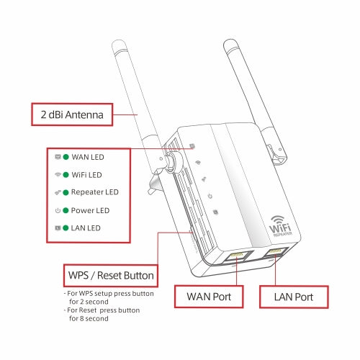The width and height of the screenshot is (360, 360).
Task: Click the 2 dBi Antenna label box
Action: (x=72, y=114)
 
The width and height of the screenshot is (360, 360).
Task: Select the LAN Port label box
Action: (x=293, y=297)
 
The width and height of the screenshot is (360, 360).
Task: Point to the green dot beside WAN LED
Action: (x=66, y=157)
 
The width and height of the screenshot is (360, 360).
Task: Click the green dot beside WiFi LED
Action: (x=66, y=175)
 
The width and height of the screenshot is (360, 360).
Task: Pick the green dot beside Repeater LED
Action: (x=66, y=192)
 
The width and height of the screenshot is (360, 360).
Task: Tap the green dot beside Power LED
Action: (x=66, y=211)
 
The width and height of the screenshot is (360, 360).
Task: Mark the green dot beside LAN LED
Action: (x=66, y=228)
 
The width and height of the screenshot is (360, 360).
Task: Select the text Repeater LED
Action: (x=95, y=192)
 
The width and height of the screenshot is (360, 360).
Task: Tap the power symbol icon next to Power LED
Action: (x=57, y=211)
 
